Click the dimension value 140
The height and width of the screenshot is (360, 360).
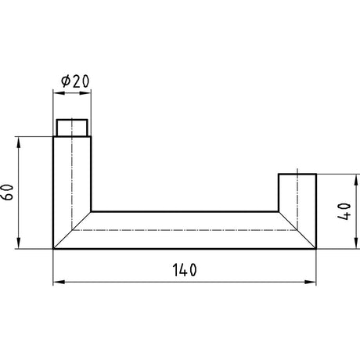(185, 270)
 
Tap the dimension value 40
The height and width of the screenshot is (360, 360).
(344, 211)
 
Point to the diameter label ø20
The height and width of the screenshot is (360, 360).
(75, 81)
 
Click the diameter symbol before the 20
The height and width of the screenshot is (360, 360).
(66, 81)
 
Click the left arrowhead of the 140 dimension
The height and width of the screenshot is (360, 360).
(59, 282)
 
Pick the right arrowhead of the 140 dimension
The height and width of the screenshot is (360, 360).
(311, 282)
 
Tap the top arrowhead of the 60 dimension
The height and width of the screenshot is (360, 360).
(18, 142)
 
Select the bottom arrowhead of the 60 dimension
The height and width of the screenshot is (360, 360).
(18, 243)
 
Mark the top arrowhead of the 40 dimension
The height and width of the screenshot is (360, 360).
(355, 181)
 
